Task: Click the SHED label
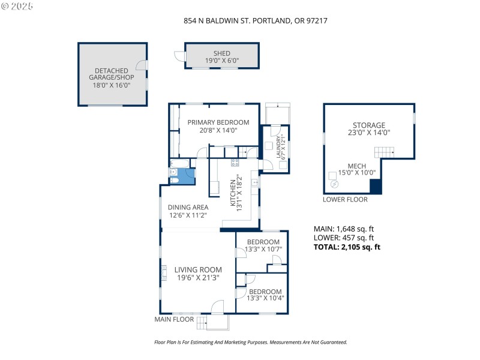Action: click(221, 53)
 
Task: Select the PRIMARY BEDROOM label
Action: click(218, 122)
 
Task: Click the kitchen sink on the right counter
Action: click(255, 181)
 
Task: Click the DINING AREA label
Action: click(188, 208)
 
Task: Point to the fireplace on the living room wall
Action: click(163, 274)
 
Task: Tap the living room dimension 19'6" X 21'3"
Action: click(198, 278)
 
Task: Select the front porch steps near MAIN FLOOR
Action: click(216, 323)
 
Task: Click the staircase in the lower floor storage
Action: click(384, 154)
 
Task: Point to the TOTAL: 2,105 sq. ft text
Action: click(347, 247)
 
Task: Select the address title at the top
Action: click(255, 20)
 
